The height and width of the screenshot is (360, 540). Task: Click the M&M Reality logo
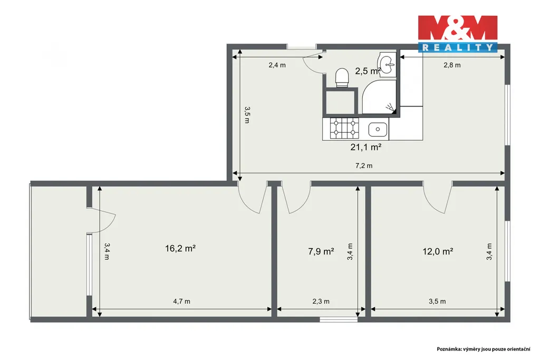coord(458,34)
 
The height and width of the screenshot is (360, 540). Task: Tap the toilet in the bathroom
coord(342,77)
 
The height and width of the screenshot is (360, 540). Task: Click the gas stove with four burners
coord(344,128)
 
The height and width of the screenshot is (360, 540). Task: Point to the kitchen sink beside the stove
coord(378,130)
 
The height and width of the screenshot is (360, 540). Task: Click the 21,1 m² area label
coord(366,147)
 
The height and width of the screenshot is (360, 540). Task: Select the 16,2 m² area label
coord(180,248)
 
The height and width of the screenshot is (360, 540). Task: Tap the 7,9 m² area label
coord(321,251)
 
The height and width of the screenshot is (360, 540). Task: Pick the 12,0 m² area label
coord(438,251)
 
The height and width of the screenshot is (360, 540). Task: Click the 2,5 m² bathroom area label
coord(368,71)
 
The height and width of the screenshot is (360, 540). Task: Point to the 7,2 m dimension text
coord(364,166)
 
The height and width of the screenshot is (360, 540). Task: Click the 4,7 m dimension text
coord(181,301)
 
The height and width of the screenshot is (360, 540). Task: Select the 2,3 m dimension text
coord(321,301)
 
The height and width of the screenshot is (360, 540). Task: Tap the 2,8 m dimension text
coord(452,65)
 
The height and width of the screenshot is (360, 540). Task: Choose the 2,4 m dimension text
coord(277,65)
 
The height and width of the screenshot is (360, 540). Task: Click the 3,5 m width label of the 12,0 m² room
coord(437,301)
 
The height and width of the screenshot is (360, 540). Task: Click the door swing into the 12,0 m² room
coord(437,203)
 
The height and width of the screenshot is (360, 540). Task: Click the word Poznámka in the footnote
coord(449,349)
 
